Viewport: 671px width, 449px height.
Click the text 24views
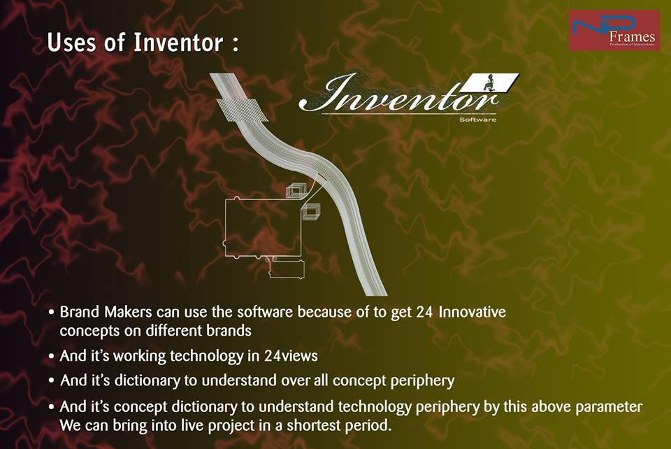pos(291,355)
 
